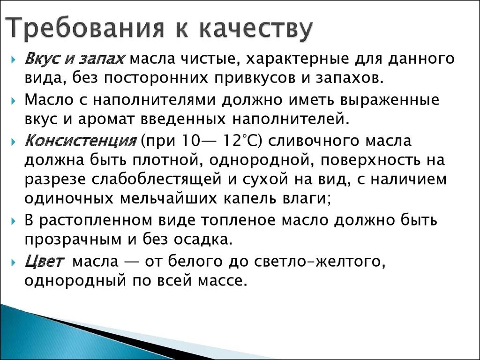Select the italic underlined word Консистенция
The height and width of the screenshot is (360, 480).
pyautogui.click(x=80, y=141)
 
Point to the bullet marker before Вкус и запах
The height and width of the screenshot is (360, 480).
pyautogui.click(x=15, y=60)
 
